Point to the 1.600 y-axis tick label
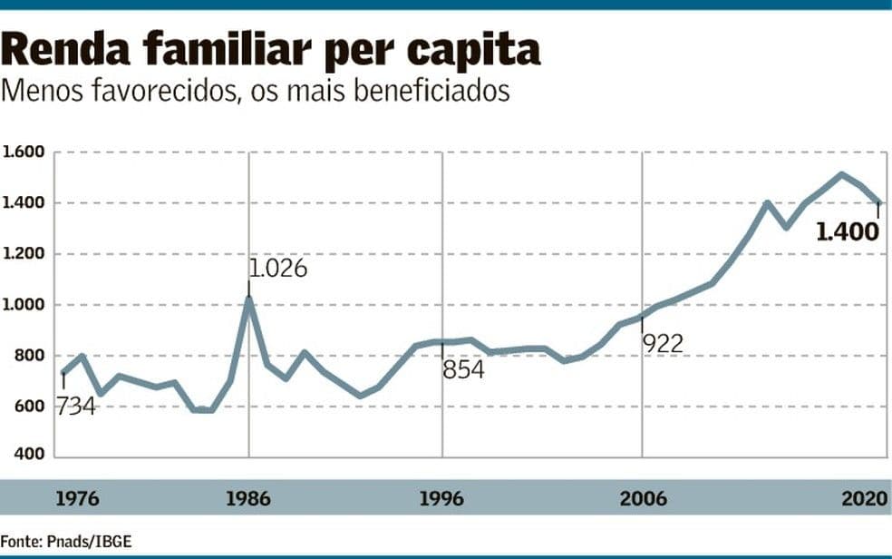(24, 152)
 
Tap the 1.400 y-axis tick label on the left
(24, 202)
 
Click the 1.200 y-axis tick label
(24, 253)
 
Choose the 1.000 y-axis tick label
(24, 304)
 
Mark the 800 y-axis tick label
(29, 355)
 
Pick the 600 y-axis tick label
(29, 406)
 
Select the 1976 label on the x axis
(78, 499)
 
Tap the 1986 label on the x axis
(248, 499)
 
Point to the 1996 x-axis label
(442, 499)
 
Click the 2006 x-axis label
(643, 499)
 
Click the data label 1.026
(278, 269)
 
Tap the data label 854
(463, 370)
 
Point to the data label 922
(663, 343)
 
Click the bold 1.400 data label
(848, 232)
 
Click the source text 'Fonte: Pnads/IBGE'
(66, 542)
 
